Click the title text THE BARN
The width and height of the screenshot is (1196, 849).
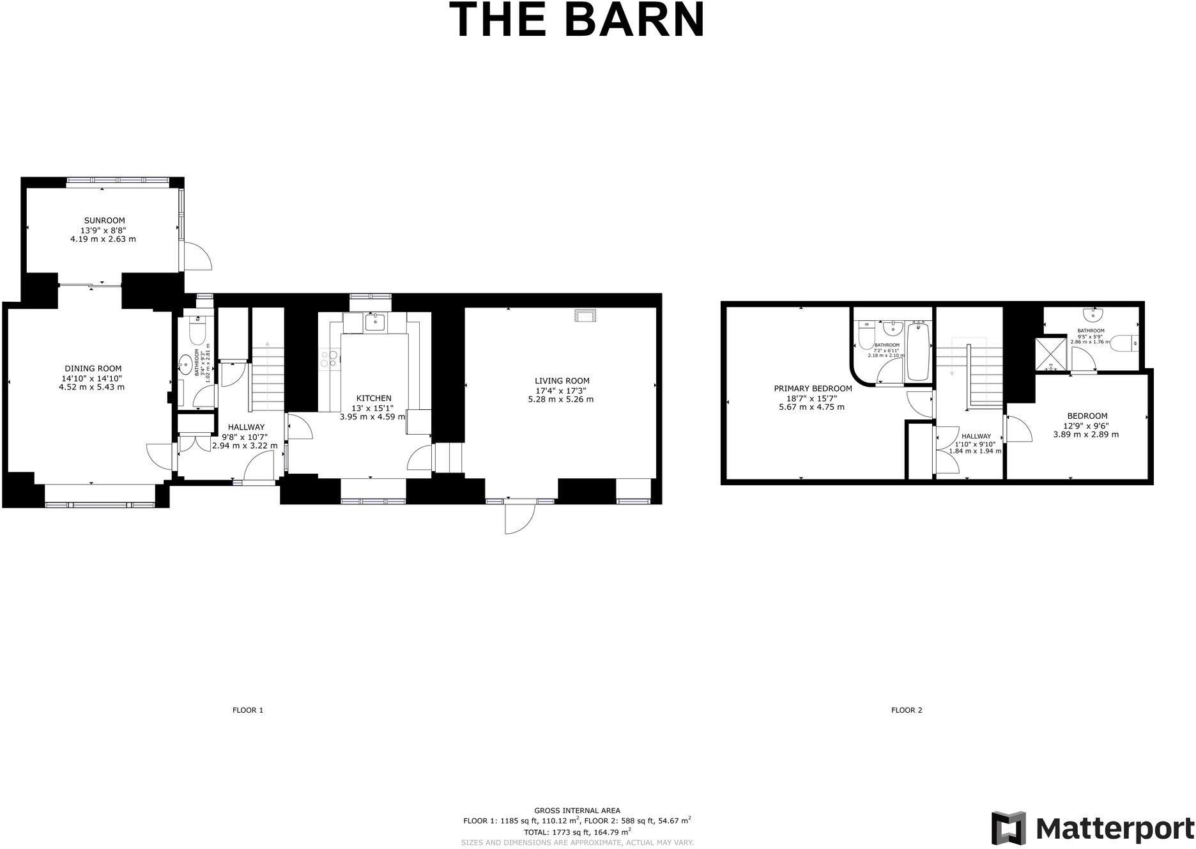(x=577, y=20)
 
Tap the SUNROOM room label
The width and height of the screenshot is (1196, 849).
(x=103, y=221)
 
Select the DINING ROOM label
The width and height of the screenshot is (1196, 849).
(x=93, y=369)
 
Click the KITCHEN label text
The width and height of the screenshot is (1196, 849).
(x=374, y=398)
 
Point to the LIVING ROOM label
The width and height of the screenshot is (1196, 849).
(x=562, y=381)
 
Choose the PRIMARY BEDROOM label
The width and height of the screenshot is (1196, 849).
(x=813, y=389)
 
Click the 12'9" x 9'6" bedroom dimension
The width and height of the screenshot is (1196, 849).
(x=1086, y=425)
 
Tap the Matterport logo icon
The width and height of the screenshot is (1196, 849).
(x=1008, y=828)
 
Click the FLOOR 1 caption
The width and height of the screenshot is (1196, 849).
(x=248, y=710)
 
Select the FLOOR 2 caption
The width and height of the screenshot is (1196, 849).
(x=907, y=710)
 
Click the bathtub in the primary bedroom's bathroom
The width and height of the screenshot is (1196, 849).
(x=919, y=352)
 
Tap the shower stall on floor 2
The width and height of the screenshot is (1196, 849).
(x=1052, y=355)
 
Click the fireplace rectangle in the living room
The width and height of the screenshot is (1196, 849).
(x=584, y=315)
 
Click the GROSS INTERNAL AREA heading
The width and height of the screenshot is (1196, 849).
(x=577, y=811)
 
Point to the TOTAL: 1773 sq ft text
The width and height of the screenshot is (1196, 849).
(x=577, y=832)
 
